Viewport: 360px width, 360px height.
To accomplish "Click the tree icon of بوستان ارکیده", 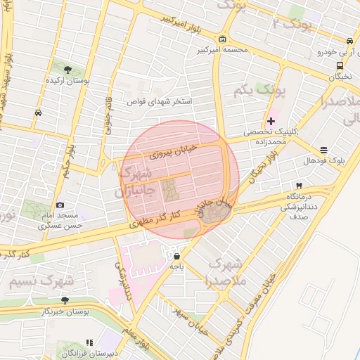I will point(67,69).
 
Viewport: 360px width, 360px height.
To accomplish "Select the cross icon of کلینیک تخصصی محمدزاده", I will point(271,122).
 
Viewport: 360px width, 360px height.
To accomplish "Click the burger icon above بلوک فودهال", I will point(323,150).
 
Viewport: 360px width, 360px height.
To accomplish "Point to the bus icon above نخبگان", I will point(340,65).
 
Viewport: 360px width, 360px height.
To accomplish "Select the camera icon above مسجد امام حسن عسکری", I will point(60,205).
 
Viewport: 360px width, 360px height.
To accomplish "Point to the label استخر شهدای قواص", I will point(160,101).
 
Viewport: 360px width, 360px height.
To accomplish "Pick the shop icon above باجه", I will point(176,256).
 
